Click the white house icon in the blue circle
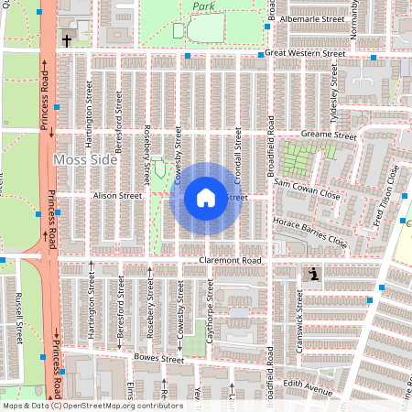click(206, 197)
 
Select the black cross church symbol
click(67, 41)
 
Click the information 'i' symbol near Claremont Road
click(313, 273)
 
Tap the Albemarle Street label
click(313, 17)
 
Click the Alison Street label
click(116, 195)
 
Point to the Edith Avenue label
click(308, 388)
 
